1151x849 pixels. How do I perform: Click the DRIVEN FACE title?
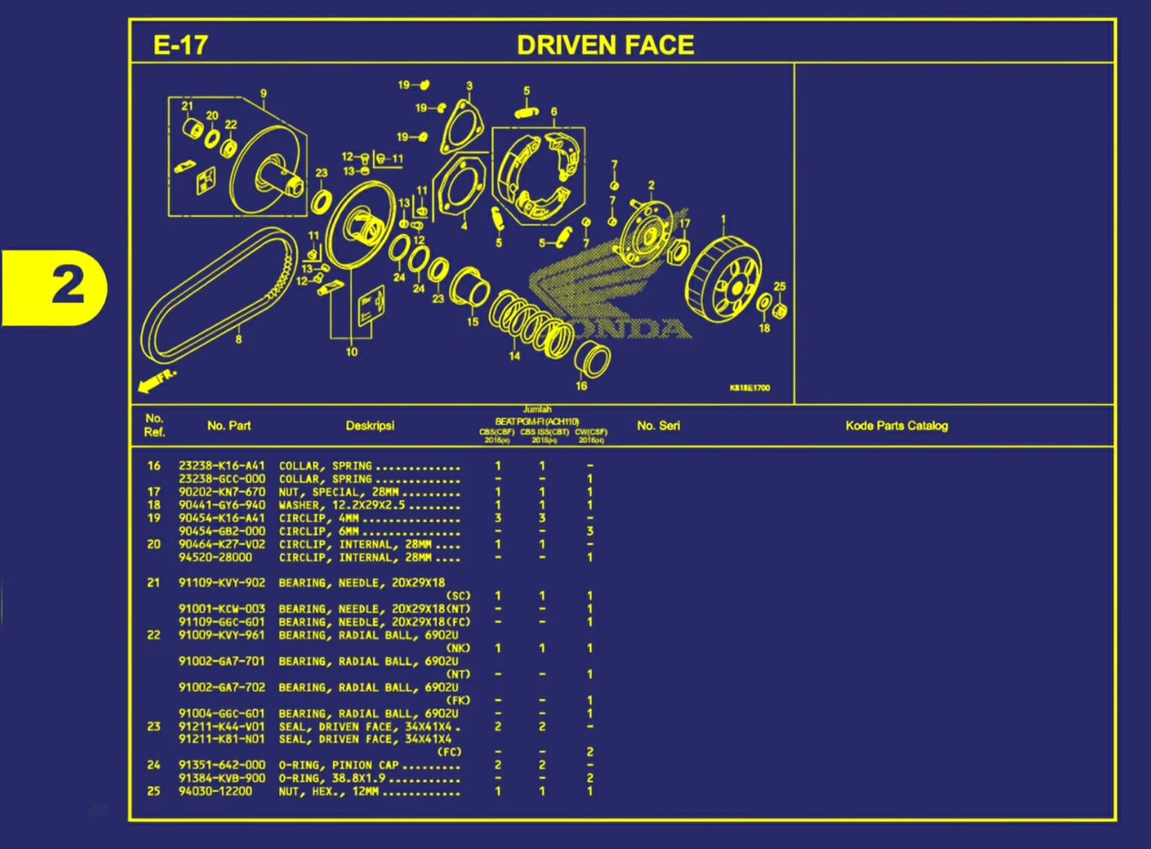(605, 45)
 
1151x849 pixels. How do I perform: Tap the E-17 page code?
(180, 45)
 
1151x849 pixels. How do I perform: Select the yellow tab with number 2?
(56, 287)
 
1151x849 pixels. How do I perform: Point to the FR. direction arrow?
(156, 380)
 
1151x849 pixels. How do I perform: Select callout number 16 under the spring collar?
(581, 386)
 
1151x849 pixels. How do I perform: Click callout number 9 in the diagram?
(263, 93)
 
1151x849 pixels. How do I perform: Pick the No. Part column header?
(229, 426)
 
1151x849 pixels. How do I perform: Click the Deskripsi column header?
(370, 426)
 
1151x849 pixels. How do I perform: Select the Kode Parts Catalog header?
(896, 426)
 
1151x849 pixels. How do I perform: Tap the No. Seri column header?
(658, 426)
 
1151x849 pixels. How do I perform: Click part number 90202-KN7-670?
(221, 492)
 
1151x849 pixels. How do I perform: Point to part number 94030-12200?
(215, 791)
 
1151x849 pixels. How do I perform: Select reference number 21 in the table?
(154, 582)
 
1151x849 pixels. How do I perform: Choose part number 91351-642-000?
(221, 765)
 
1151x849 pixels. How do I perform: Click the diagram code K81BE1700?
(750, 388)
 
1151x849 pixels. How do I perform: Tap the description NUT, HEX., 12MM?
(329, 791)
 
